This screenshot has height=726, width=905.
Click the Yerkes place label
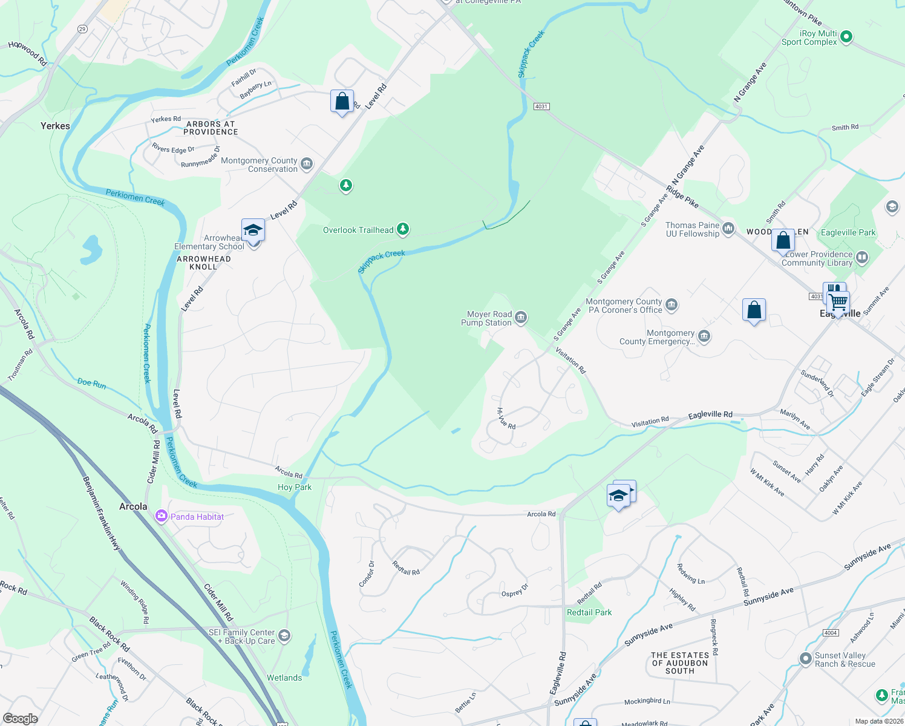(x=55, y=126)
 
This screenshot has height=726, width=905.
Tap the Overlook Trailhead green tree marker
(x=402, y=229)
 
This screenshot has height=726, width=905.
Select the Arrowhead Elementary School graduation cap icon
(x=253, y=231)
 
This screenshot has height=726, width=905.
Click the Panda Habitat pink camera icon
(x=161, y=516)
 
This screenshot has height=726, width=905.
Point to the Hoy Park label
(x=295, y=487)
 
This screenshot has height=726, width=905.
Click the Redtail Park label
(x=589, y=612)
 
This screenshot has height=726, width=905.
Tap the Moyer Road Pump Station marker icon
(x=521, y=317)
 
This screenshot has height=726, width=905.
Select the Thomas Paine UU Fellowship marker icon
(x=728, y=228)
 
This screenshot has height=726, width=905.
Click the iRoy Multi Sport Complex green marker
(x=846, y=37)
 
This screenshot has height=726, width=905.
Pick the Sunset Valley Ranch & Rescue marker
(x=805, y=658)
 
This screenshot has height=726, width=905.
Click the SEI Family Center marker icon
(x=284, y=636)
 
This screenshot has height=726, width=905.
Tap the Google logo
(x=21, y=719)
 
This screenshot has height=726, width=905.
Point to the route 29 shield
(x=82, y=29)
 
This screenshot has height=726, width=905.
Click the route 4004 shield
(x=831, y=633)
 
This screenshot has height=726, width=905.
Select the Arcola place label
(x=133, y=506)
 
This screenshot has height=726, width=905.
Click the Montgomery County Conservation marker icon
(x=307, y=164)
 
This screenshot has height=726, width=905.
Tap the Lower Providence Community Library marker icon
(x=862, y=258)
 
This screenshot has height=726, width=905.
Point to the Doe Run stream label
(x=92, y=383)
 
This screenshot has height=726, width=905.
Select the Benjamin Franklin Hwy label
(x=102, y=513)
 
